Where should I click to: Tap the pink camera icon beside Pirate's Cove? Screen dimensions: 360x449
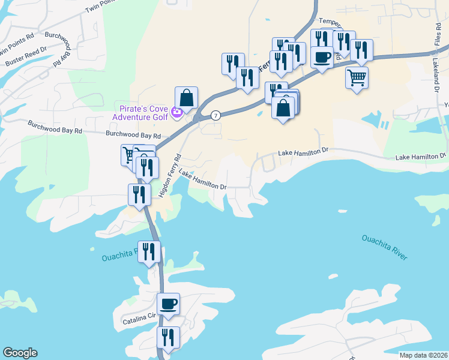pyautogui.click(x=176, y=112)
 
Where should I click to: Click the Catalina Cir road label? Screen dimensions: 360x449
pyautogui.click(x=139, y=317)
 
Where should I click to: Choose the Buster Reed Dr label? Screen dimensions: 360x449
pyautogui.click(x=26, y=58)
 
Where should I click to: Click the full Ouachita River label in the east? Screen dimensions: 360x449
pyautogui.click(x=384, y=247)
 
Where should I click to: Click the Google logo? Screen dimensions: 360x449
pyautogui.click(x=20, y=353)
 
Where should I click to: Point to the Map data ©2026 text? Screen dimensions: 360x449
pyautogui.click(x=423, y=355)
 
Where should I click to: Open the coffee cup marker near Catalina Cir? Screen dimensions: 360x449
pyautogui.click(x=168, y=303)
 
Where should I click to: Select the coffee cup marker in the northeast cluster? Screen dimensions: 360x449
pyautogui.click(x=322, y=57)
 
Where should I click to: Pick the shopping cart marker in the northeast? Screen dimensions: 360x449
pyautogui.click(x=357, y=77)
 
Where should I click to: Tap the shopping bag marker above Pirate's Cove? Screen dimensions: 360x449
pyautogui.click(x=186, y=98)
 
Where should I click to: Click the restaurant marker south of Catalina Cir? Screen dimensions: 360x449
pyautogui.click(x=168, y=337)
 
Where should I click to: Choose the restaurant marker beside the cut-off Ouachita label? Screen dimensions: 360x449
pyautogui.click(x=148, y=251)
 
